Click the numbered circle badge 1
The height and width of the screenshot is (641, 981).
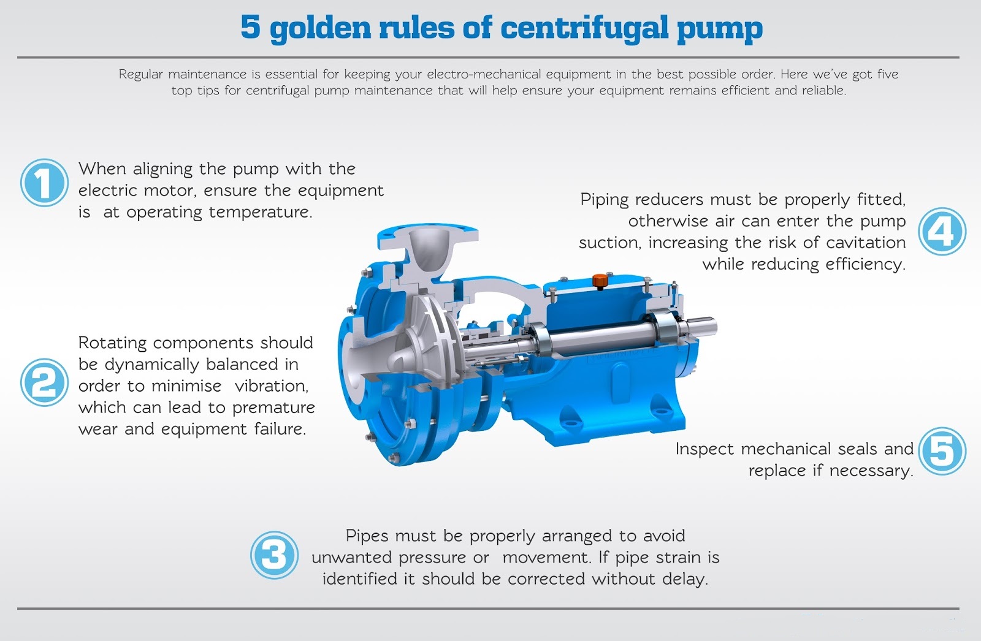click(x=44, y=183)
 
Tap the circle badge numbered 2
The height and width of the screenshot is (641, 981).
click(x=44, y=382)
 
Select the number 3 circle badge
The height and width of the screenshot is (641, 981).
click(x=275, y=555)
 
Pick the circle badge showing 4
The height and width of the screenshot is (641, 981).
click(x=942, y=231)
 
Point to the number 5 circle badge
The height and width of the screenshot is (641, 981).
click(x=942, y=451)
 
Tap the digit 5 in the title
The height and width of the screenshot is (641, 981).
click(x=251, y=26)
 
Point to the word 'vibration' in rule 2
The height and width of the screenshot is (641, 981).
click(x=272, y=385)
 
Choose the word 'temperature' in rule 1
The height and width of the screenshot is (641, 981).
click(x=261, y=213)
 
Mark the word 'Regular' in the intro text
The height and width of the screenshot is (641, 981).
click(x=140, y=75)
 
